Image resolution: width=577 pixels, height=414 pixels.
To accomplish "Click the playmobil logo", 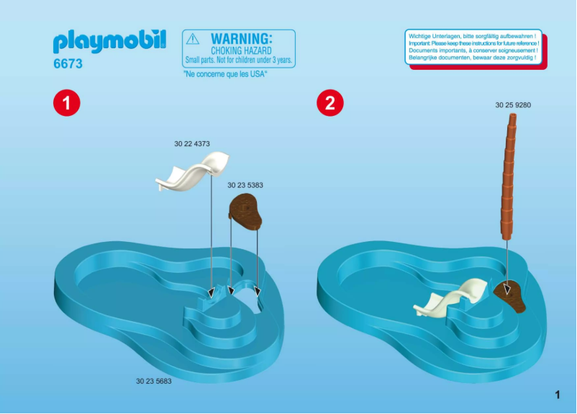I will (x=109, y=42).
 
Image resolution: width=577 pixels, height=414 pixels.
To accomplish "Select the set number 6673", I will (x=68, y=64).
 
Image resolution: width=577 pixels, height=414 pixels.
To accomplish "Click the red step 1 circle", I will (x=66, y=103).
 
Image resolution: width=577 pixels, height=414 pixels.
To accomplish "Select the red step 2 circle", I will (x=330, y=103).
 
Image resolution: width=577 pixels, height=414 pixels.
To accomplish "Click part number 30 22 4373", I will (x=191, y=144).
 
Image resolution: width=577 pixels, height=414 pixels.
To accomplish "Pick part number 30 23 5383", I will (x=245, y=185).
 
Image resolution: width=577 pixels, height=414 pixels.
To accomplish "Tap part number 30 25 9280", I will (x=513, y=105).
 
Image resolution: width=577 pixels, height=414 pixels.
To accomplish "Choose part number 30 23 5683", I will (x=153, y=381).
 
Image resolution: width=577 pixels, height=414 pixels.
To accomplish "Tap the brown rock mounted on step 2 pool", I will (x=510, y=294).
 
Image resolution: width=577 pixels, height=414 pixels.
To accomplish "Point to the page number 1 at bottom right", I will (x=557, y=394).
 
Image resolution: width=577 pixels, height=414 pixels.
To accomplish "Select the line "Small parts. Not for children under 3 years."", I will (x=239, y=60).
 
